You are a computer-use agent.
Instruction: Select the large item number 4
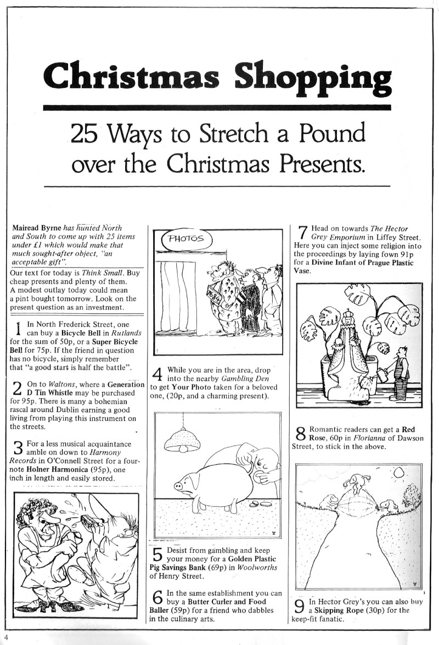click(x=157, y=375)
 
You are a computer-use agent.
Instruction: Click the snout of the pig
click(x=178, y=486)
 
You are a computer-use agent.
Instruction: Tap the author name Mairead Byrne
click(x=36, y=228)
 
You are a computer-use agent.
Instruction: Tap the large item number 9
click(x=300, y=606)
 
